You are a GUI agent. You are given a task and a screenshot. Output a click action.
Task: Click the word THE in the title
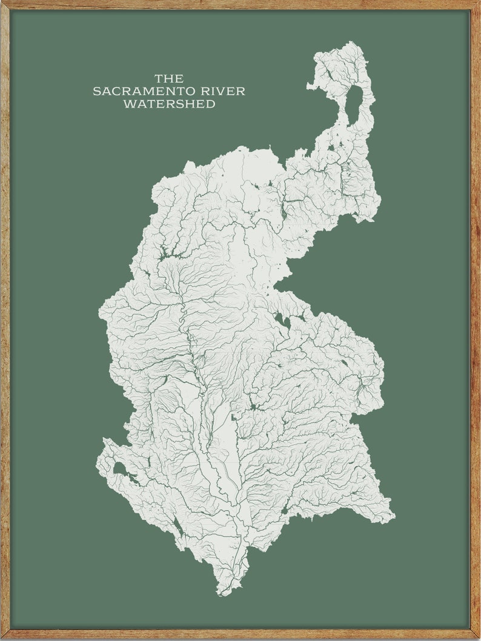click(169, 79)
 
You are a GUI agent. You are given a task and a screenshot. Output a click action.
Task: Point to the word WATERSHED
click(169, 104)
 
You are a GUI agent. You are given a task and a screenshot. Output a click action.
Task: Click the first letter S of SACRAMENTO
click(96, 91)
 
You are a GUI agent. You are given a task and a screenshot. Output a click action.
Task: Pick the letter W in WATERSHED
click(128, 104)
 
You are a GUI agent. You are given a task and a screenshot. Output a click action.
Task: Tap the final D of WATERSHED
click(211, 104)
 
